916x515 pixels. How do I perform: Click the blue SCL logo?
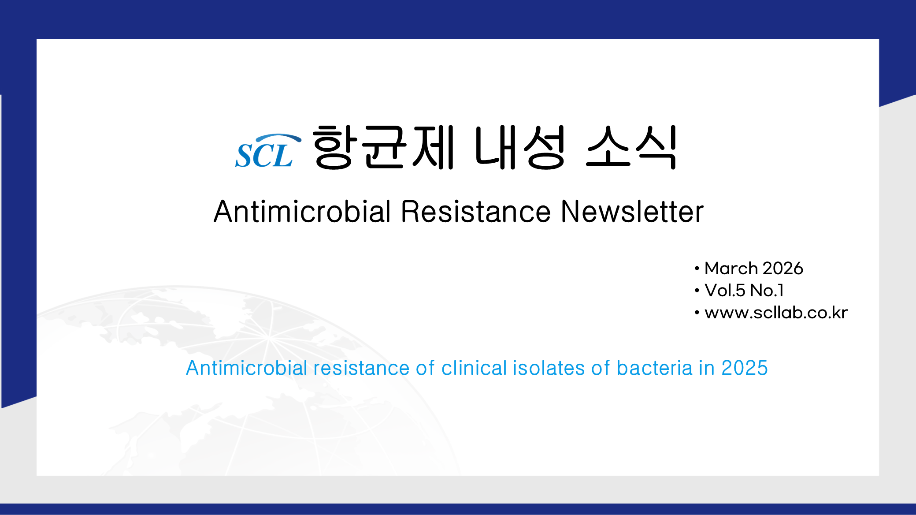click(268, 151)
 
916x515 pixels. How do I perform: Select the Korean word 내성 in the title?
click(520, 147)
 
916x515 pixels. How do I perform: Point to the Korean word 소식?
click(631, 147)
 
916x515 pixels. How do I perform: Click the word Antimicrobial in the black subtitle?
click(302, 212)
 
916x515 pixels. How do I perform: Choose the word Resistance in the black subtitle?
click(476, 212)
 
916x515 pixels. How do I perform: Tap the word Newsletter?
click(632, 212)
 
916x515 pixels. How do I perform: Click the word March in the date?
click(731, 268)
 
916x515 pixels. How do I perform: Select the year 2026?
click(783, 268)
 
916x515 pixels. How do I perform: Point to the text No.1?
click(767, 290)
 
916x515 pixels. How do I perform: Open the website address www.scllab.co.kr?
click(776, 313)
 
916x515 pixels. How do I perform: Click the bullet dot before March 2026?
click(697, 268)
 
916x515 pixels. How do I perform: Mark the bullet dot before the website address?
click(697, 313)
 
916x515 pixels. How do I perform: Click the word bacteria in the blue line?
click(654, 368)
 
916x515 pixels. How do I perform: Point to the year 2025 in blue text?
click(745, 368)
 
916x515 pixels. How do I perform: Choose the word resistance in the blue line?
click(361, 368)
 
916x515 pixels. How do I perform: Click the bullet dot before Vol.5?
click(697, 290)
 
